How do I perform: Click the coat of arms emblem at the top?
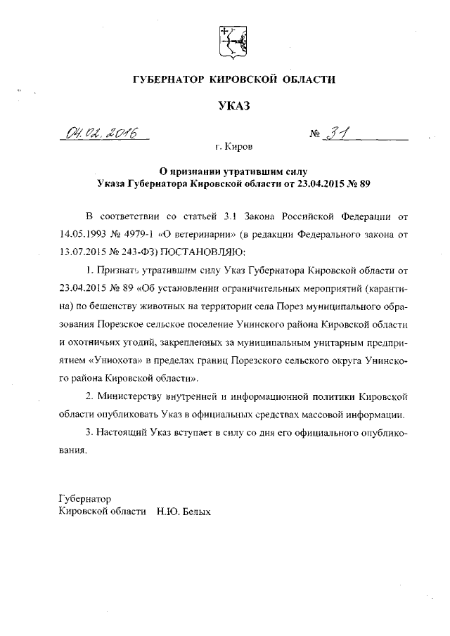pos(228,41)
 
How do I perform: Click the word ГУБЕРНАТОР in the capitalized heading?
pos(167,81)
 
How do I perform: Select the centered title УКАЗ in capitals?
pos(232,106)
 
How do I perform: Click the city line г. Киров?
pos(234,147)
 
